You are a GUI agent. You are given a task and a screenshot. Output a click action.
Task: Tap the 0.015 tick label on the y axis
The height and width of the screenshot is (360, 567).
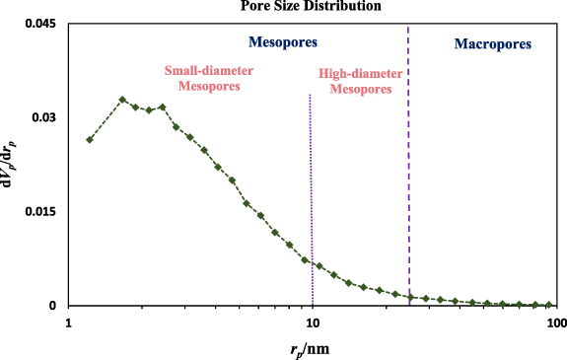[38, 212]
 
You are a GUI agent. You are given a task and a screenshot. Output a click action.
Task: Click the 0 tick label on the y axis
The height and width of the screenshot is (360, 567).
[55, 306]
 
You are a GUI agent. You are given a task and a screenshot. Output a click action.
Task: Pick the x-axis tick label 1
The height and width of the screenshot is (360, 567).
[68, 323]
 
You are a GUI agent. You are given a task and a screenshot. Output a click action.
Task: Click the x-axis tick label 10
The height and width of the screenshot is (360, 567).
[313, 323]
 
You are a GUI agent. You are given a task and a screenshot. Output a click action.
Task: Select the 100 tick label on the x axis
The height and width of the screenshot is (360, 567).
[556, 323]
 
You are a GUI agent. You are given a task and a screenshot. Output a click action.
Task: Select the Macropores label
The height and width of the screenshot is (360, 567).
[492, 44]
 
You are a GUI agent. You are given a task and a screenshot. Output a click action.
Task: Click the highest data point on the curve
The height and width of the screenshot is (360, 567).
[122, 100]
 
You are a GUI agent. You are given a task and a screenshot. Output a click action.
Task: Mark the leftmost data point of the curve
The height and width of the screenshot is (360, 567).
[90, 139]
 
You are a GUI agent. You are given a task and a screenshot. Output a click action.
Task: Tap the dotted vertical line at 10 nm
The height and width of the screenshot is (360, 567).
[312, 197]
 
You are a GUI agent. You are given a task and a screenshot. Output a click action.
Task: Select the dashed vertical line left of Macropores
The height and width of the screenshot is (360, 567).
[408, 148]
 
